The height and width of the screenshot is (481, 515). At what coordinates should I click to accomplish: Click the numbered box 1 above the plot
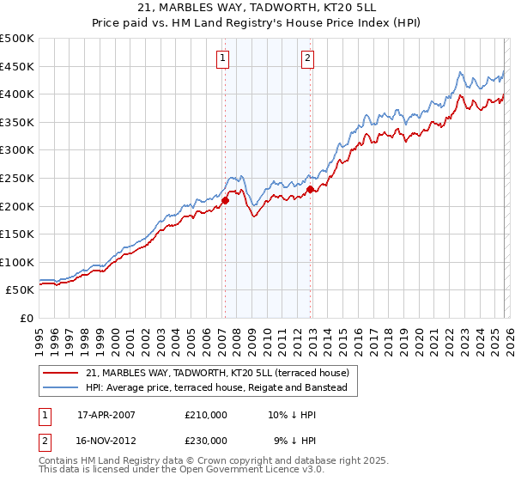(x=222, y=58)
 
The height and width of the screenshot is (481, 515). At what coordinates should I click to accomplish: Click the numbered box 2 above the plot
(x=307, y=58)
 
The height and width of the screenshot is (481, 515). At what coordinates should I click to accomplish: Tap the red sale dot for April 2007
(x=225, y=201)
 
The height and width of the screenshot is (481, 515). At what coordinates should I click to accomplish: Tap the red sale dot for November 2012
(x=310, y=189)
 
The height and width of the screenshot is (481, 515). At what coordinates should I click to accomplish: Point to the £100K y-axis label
(x=17, y=262)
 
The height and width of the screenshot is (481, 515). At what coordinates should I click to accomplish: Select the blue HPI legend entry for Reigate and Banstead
(x=215, y=388)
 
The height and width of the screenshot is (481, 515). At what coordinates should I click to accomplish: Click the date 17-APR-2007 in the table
(x=106, y=415)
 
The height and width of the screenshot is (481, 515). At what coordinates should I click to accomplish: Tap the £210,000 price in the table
(x=206, y=415)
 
